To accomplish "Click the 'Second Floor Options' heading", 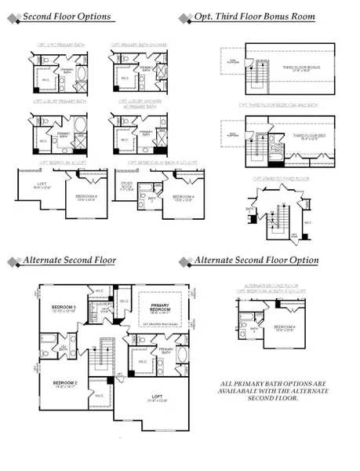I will coord(67,16).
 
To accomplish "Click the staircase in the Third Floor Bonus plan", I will coord(256,68).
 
